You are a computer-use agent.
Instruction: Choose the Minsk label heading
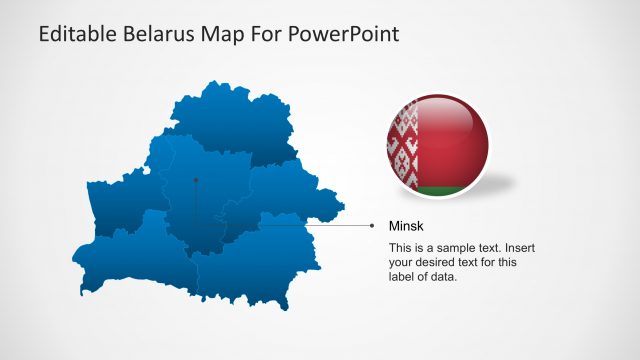point(406,227)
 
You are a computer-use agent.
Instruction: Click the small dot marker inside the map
point(196,180)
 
